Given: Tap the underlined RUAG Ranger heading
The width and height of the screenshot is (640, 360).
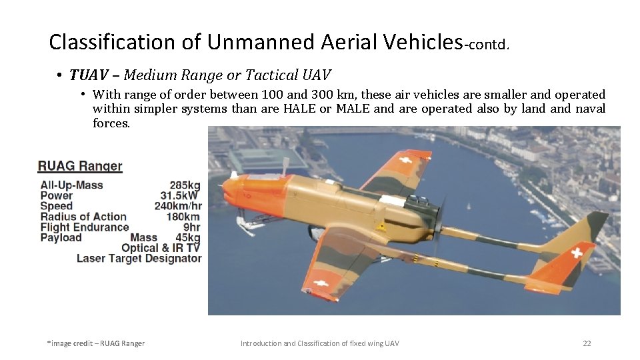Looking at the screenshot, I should [80, 166].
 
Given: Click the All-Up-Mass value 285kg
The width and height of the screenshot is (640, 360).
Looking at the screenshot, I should [185, 185].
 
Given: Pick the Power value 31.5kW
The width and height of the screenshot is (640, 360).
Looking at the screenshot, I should [180, 195].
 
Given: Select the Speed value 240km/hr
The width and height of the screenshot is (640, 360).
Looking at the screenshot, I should [177, 206].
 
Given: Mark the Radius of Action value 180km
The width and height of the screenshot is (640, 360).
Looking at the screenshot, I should [183, 217].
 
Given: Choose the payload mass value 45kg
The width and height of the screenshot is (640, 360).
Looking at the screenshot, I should [187, 237].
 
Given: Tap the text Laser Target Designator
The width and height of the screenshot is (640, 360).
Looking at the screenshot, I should [139, 258].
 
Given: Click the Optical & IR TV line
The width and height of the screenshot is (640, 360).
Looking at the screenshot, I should [161, 248].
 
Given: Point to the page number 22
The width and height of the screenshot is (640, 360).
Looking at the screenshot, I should [587, 343].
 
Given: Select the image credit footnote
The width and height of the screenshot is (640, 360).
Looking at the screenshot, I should [95, 343].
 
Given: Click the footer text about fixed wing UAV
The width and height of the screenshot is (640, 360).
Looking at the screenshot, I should [319, 343].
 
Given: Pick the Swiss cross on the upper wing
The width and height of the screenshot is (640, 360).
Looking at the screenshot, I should [403, 161].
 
